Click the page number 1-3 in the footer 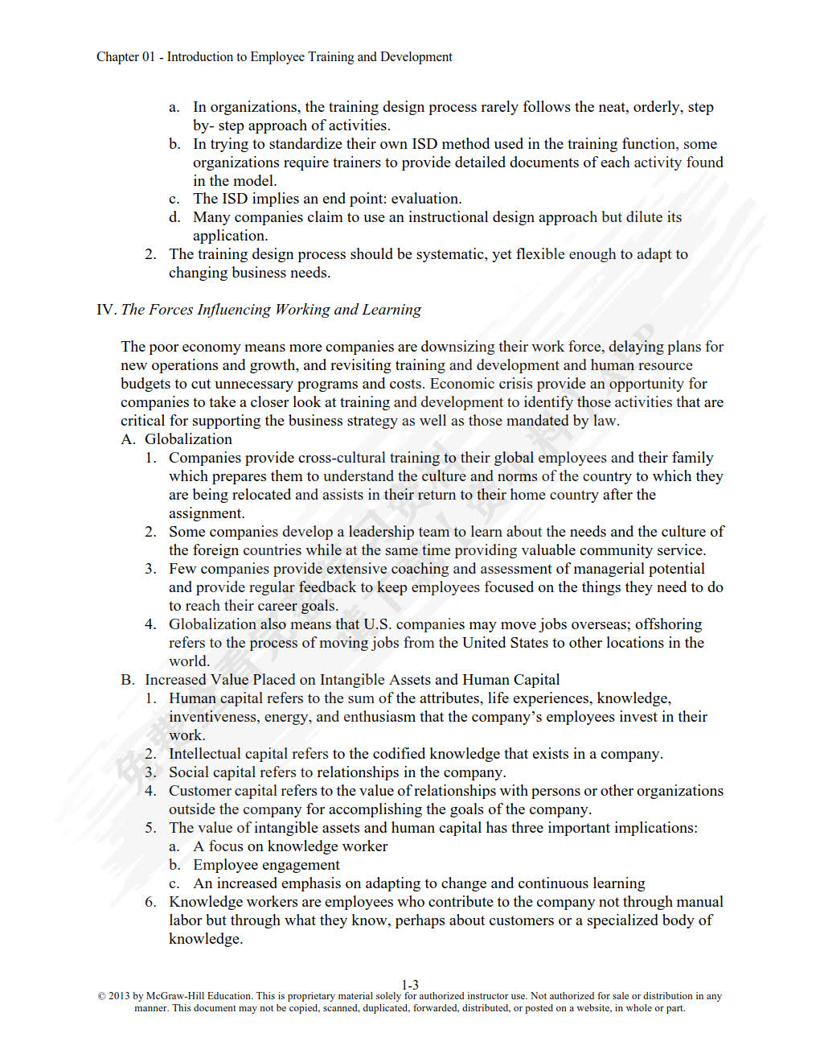[x=410, y=985]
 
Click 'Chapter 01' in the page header [x=125, y=57]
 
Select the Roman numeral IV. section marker [x=106, y=310]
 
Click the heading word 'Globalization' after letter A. [x=188, y=439]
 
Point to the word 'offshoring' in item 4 [x=668, y=624]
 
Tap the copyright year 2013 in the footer [x=119, y=996]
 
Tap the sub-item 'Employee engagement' [x=266, y=865]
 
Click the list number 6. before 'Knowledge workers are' [x=150, y=902]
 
